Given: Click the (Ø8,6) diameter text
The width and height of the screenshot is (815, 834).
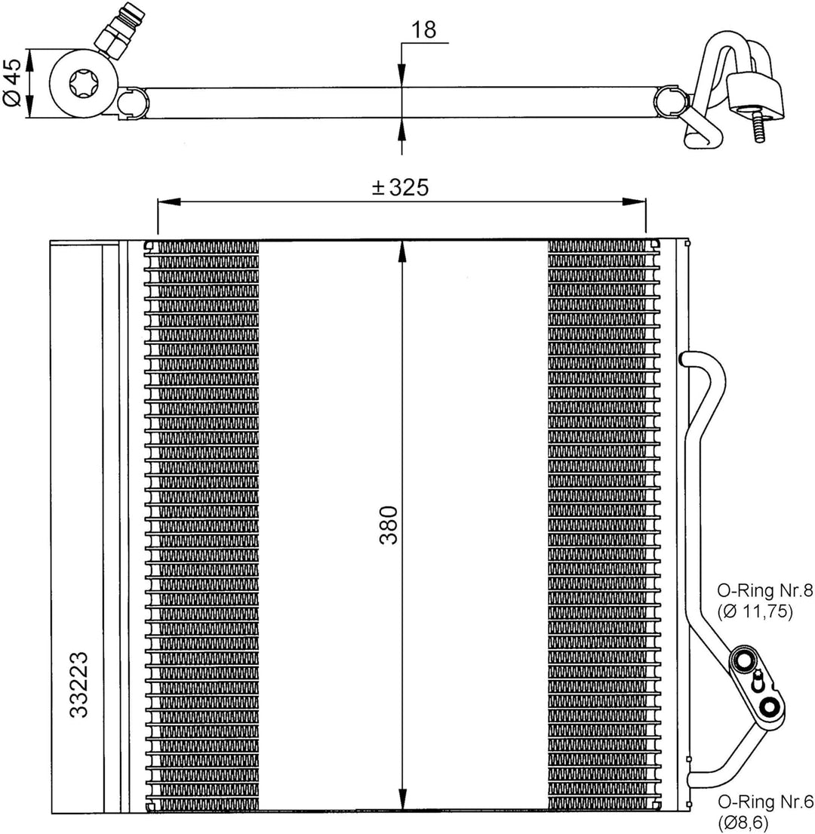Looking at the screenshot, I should click(x=744, y=823).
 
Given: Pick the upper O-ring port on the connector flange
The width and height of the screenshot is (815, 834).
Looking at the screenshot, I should click(x=745, y=660).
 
